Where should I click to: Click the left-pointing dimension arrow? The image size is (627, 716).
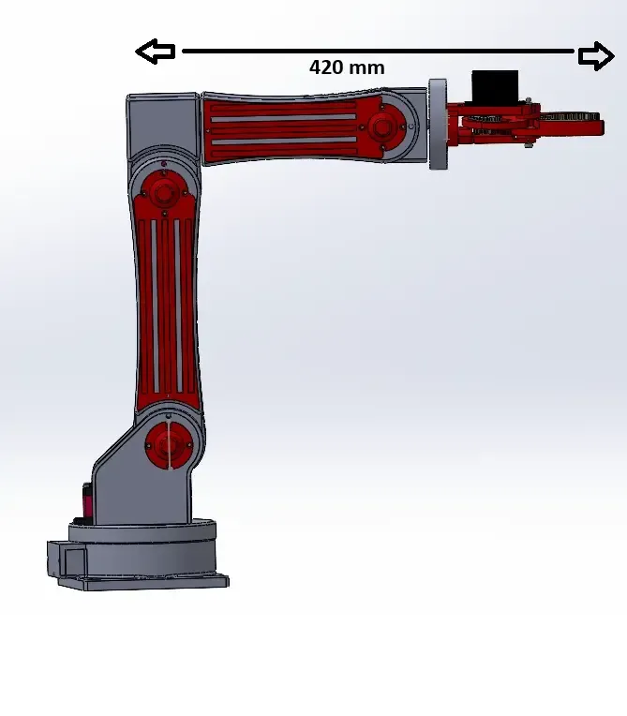[156, 52]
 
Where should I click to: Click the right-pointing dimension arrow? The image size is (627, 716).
[596, 55]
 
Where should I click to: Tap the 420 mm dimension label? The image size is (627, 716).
[347, 67]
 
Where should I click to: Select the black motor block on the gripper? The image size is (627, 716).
[495, 87]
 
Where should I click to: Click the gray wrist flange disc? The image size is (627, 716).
[438, 125]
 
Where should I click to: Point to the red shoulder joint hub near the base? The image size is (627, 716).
[169, 445]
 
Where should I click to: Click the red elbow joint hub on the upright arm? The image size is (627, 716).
[163, 194]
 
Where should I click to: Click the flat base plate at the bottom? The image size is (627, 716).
[143, 583]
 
